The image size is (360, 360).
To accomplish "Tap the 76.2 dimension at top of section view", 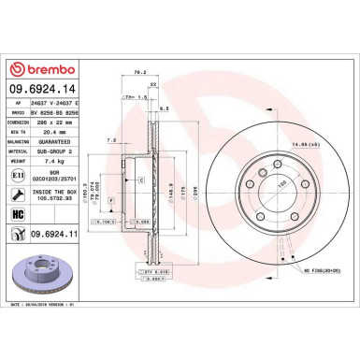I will click(140, 70).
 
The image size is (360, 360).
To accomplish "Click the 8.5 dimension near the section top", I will click(165, 109).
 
